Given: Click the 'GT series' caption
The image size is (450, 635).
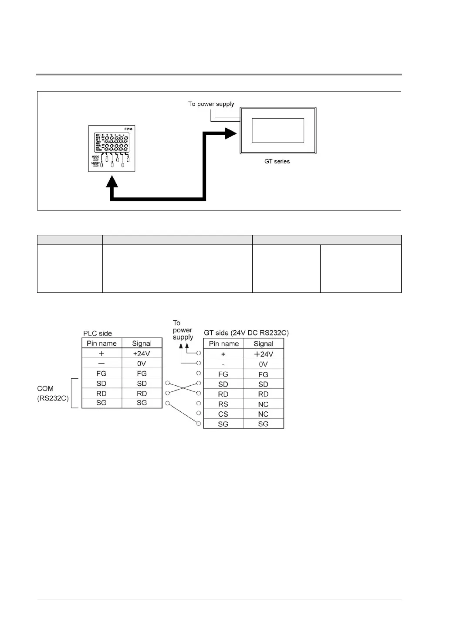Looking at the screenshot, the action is tap(277, 161).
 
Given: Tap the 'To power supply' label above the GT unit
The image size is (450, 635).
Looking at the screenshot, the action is tap(211, 104).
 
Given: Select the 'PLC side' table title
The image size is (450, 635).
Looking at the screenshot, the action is tap(98, 333).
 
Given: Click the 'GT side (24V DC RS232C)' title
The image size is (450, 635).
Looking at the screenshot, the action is tap(246, 333).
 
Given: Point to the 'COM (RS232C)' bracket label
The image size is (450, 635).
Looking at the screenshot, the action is tap(53, 393).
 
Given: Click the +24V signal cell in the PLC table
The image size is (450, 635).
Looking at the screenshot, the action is tap(142, 353).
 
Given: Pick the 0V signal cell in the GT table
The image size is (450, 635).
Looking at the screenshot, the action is tap(263, 364).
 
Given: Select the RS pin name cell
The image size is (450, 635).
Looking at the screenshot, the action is tap(223, 404).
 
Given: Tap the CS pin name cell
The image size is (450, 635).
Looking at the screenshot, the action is tap(223, 414).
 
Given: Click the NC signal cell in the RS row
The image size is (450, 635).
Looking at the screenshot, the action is tap(263, 404).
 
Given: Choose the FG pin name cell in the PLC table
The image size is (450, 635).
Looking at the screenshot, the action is tap(102, 374).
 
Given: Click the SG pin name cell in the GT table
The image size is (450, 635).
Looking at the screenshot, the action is tap(223, 424).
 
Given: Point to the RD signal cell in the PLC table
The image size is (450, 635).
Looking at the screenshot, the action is tap(142, 394).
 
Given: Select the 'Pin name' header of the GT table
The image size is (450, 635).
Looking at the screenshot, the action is tap(223, 343).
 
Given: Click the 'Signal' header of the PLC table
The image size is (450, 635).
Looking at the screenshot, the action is tap(142, 343).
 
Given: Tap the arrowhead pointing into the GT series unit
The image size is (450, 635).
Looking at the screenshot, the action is tap(231, 133).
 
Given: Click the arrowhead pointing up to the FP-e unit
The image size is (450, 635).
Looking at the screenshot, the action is tap(112, 182).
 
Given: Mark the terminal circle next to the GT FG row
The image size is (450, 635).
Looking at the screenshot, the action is tap(199, 374).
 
